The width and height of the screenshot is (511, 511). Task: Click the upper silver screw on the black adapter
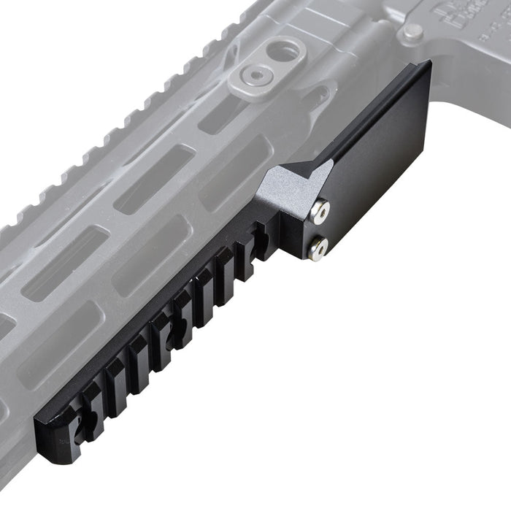[x=320, y=212]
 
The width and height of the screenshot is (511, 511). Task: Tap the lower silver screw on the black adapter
[x=318, y=249]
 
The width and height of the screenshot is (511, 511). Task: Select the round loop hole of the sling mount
[x=285, y=50]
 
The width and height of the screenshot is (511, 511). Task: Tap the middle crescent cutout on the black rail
[x=174, y=332]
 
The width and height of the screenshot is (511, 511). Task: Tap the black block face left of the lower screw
[x=292, y=241]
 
